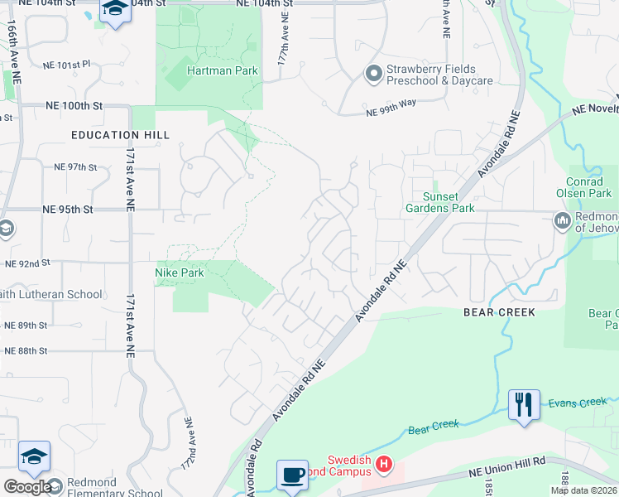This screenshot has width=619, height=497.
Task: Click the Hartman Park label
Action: point(222,71)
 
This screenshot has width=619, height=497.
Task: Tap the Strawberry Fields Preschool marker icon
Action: point(372,75)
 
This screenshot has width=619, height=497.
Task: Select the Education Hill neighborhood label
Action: point(120,135)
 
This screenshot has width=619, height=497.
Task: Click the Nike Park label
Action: point(180,272)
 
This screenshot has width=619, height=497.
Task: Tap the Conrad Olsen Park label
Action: point(591,187)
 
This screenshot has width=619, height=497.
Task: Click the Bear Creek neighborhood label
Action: point(499,312)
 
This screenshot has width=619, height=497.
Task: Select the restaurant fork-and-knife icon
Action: point(523,405)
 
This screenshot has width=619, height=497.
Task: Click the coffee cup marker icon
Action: point(292,475)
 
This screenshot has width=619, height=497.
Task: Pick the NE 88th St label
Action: point(26,351)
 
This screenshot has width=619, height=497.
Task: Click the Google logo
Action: point(27,487)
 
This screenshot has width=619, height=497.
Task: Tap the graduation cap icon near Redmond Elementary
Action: point(34,456)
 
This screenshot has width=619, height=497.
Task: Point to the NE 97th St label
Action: point(75,166)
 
